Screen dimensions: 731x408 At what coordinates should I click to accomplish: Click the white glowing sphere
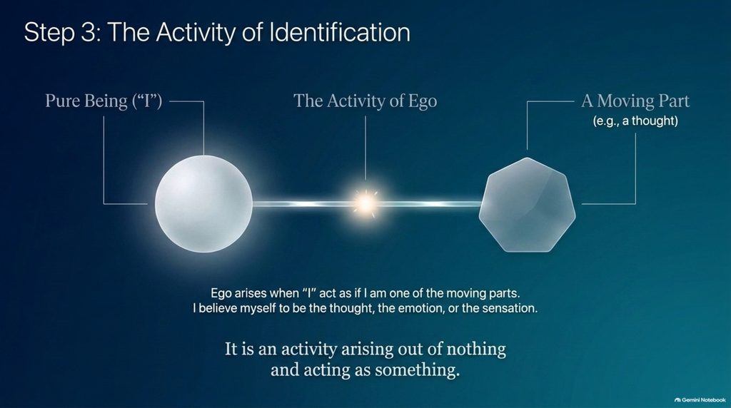203,203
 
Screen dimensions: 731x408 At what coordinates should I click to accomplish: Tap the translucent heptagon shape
528,205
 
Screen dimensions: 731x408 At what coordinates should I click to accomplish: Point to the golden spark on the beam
365,203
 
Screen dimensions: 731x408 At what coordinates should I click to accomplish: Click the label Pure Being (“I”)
104,101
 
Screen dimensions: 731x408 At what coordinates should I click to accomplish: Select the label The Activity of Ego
365,101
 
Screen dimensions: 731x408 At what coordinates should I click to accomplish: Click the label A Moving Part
635,101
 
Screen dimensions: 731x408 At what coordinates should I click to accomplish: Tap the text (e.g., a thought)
635,121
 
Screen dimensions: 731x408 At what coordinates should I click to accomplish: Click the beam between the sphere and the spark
302,203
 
